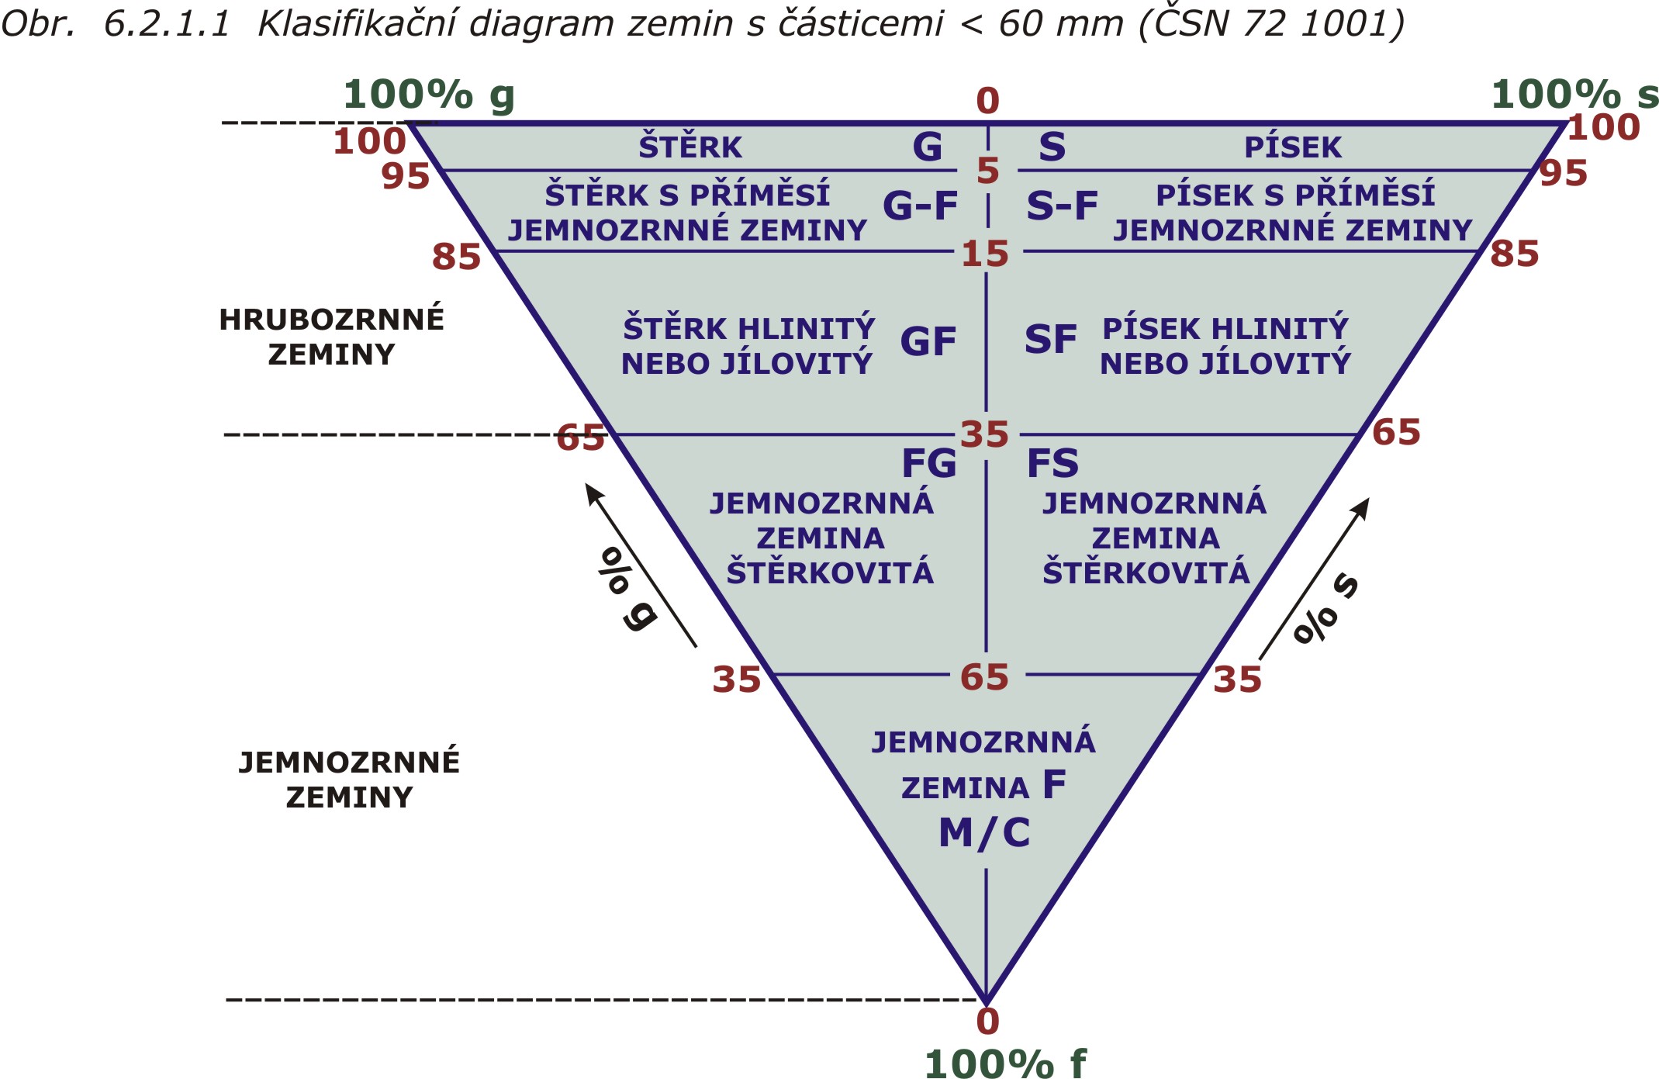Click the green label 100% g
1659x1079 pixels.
click(x=429, y=96)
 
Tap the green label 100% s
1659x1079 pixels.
click(x=1574, y=95)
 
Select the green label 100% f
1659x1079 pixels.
click(x=1005, y=1063)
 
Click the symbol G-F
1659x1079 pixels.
click(x=920, y=206)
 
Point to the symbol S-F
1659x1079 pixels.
click(x=1062, y=206)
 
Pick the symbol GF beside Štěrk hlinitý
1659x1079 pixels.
click(x=928, y=341)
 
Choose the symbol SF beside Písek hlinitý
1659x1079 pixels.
click(x=1050, y=340)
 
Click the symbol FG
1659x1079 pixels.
click(x=928, y=463)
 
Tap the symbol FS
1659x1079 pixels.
click(x=1052, y=463)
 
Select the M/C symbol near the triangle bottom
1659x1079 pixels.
click(x=984, y=833)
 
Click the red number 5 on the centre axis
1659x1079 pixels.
click(x=987, y=171)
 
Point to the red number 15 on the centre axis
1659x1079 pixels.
click(x=985, y=254)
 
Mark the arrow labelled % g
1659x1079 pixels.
click(x=641, y=565)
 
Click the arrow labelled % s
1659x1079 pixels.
click(x=1314, y=579)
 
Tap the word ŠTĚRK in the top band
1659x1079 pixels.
click(x=690, y=147)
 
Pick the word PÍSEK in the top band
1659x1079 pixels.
click(x=1293, y=147)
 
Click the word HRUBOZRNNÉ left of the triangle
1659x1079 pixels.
click(x=331, y=319)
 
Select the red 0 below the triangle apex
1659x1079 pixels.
click(x=987, y=1022)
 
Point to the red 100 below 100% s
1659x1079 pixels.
click(x=1603, y=127)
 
